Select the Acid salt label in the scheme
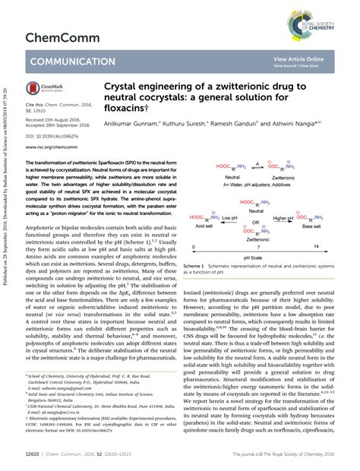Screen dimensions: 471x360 [203, 213]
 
